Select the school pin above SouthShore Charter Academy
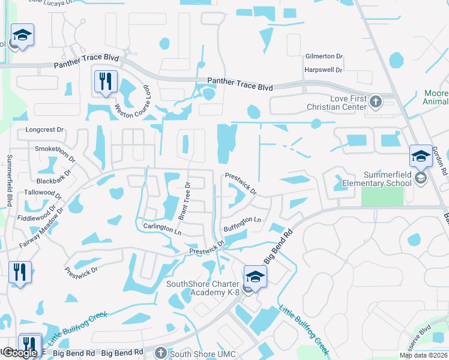[x=256, y=277]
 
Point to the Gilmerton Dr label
[x=324, y=56]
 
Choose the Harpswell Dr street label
[x=323, y=70]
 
